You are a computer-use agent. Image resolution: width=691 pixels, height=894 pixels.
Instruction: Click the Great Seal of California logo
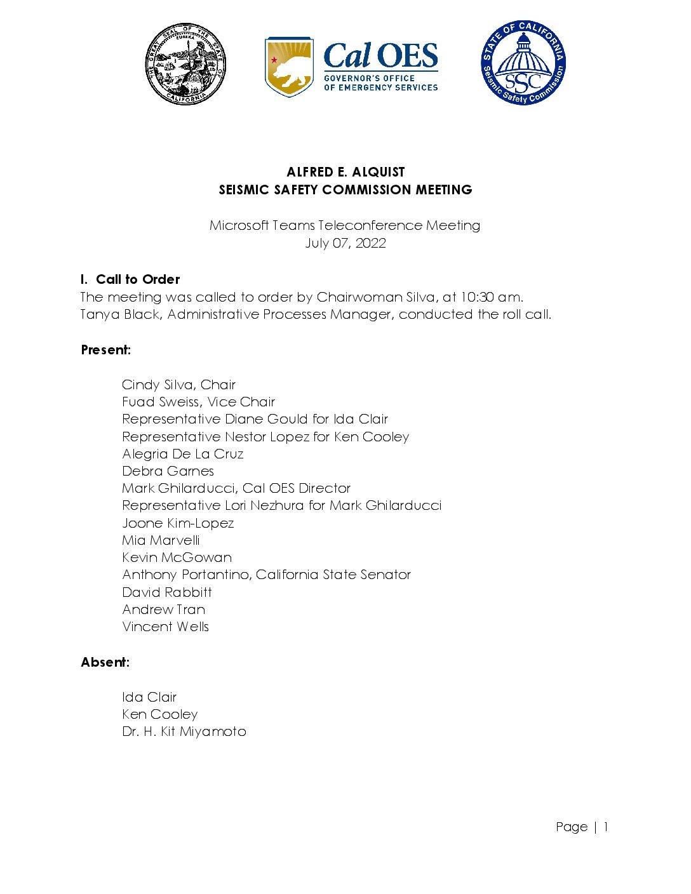pos(185,64)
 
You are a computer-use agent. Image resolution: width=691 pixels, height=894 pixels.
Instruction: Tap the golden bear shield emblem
pos(289,66)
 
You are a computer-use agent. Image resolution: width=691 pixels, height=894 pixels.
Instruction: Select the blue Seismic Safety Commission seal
pos(523,63)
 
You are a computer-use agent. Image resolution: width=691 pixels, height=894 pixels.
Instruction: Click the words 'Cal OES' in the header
pos(380,57)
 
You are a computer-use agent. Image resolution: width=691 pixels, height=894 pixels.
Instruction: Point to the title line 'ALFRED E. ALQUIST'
pos(345,172)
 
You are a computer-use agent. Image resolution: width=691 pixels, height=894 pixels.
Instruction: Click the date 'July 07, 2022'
pos(345,243)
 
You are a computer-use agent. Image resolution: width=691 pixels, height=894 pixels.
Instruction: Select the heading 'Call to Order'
pos(138,279)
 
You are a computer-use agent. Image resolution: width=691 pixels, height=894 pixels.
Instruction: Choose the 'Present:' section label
pos(106,350)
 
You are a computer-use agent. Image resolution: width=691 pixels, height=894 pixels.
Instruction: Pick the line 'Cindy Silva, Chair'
pos(178,385)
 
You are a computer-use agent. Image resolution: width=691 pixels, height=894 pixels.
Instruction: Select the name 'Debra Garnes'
pos(168,471)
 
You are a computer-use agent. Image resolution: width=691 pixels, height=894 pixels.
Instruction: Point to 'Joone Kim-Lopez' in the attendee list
pos(178,523)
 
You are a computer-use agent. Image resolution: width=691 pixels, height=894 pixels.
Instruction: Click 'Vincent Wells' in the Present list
pos(165,627)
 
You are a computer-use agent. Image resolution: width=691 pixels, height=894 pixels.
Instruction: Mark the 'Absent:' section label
pos(105,662)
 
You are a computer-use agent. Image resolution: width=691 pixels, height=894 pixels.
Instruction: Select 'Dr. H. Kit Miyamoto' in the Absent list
pos(184,731)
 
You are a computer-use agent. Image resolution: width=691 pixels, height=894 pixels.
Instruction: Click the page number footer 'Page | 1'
pos(582,827)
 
